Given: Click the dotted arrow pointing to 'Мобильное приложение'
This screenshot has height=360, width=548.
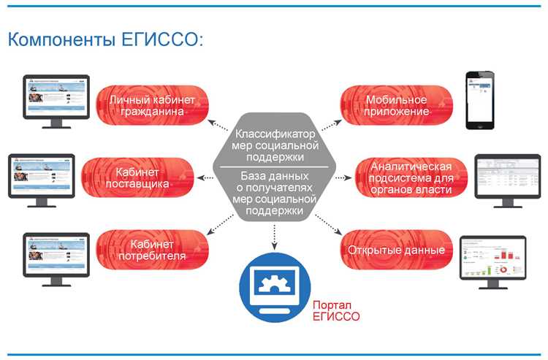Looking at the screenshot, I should tap(331, 125).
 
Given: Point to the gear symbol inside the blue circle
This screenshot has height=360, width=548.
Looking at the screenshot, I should tap(275, 280).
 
